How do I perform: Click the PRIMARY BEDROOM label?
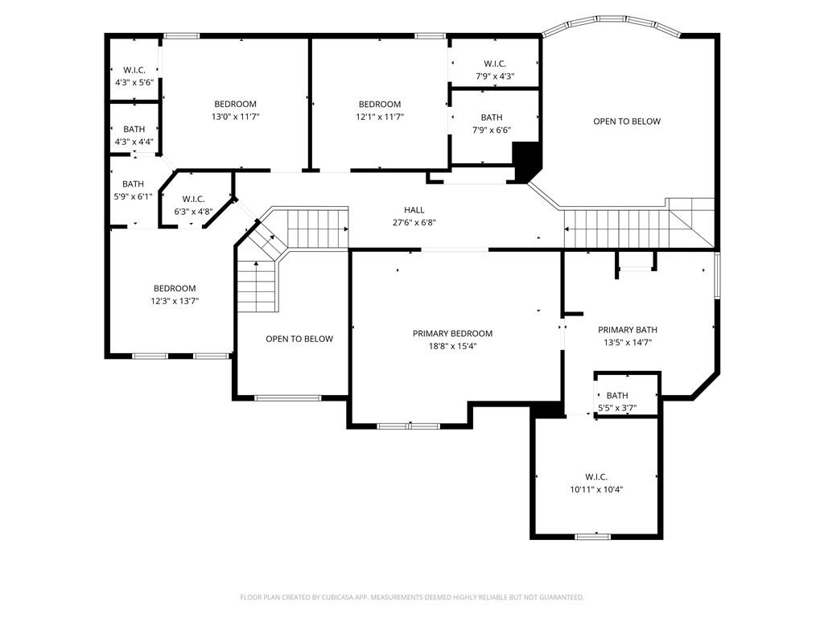(x=452, y=333)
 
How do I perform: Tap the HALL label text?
(x=414, y=210)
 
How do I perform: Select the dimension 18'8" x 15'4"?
(x=452, y=346)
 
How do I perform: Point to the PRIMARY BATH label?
(x=628, y=329)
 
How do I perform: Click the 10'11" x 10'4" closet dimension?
(x=596, y=489)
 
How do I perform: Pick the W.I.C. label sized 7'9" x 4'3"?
(x=495, y=64)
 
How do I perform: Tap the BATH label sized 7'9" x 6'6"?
(x=492, y=117)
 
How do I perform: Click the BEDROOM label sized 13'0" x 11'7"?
(x=236, y=104)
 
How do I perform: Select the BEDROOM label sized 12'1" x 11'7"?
(x=380, y=104)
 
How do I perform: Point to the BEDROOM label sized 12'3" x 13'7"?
(x=175, y=288)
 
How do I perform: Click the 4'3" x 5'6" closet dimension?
(x=134, y=82)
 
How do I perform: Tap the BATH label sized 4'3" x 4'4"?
(x=134, y=129)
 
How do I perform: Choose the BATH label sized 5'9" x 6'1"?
(x=133, y=183)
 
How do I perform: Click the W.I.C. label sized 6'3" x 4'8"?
(x=193, y=199)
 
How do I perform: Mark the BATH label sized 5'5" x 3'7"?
(x=617, y=395)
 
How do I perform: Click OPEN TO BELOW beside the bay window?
(x=627, y=122)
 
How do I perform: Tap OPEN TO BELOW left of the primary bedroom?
(x=299, y=339)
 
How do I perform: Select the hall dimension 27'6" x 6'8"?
(x=414, y=222)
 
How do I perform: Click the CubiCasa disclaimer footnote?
(x=412, y=597)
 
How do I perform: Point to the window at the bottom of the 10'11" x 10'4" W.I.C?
(x=593, y=537)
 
